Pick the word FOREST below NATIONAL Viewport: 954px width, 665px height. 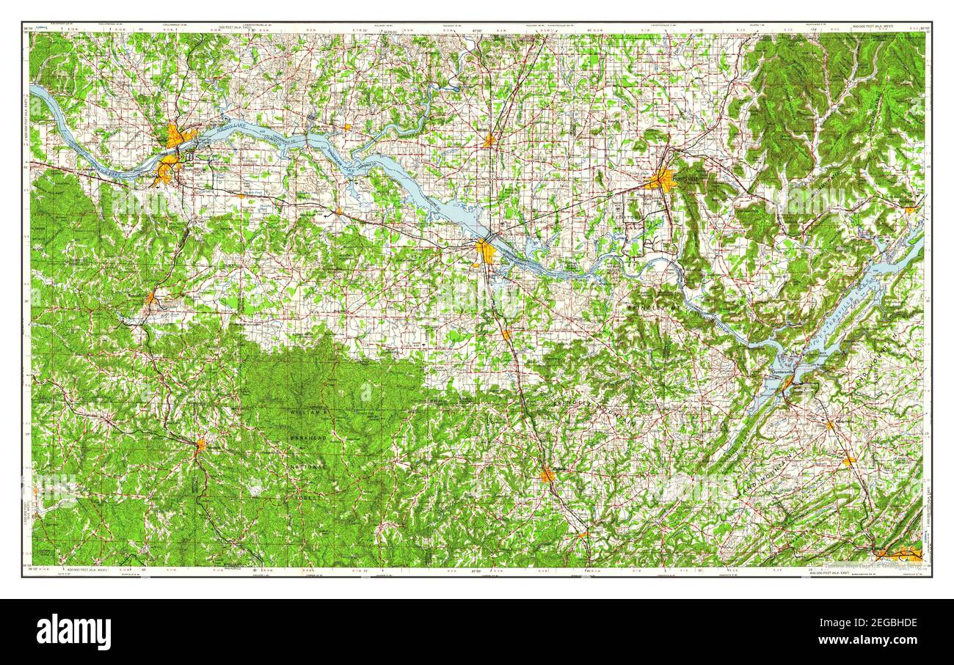click(x=308, y=496)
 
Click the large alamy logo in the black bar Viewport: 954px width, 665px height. click(x=73, y=632)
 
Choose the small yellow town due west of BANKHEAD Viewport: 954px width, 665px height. click(x=200, y=444)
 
